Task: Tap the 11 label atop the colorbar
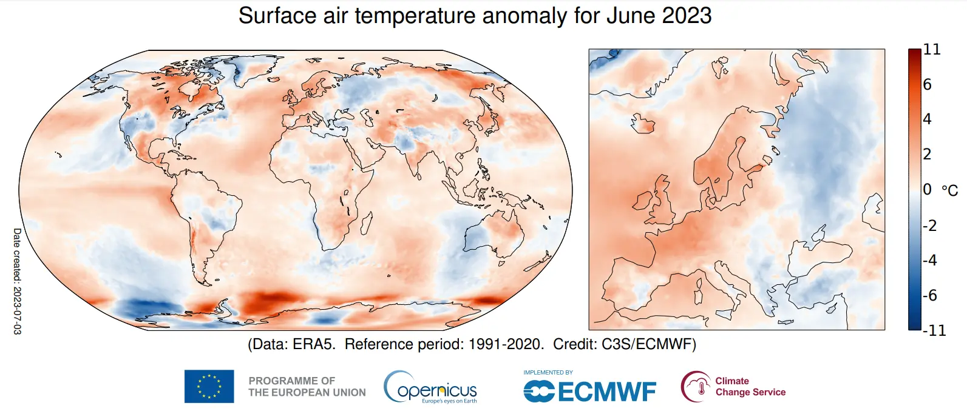[x=932, y=49]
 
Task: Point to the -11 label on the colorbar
[x=934, y=330]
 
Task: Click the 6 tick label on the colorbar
[x=927, y=84]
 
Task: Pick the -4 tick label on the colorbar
[x=930, y=260]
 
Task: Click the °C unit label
[x=949, y=190]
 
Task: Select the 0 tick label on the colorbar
[x=927, y=190]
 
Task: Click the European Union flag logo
[x=209, y=386]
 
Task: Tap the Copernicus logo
[x=430, y=388]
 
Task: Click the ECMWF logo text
[x=606, y=392]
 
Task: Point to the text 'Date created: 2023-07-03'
[x=17, y=281]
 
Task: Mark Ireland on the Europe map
[x=642, y=201]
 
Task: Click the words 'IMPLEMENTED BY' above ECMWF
[x=548, y=372]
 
